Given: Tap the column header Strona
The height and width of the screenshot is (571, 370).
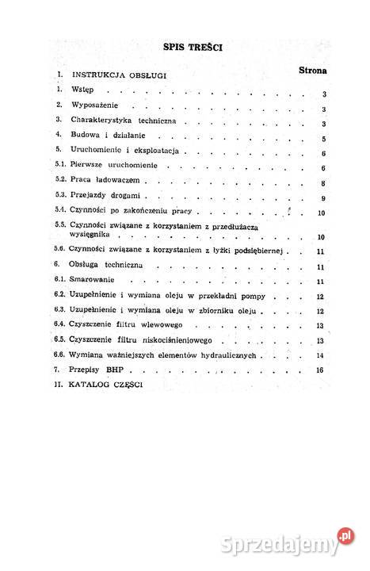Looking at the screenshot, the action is click(314, 71).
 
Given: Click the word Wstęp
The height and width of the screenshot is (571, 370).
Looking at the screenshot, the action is click(82, 90).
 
